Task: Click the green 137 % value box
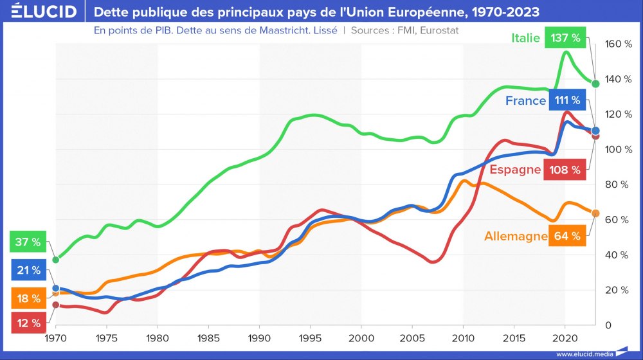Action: coord(565,38)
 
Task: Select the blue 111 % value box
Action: coord(566,100)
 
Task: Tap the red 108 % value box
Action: coord(565,170)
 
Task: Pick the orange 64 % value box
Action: coord(566,236)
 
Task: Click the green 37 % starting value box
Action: coord(28,242)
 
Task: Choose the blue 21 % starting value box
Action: coord(28,270)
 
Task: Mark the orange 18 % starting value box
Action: coord(28,298)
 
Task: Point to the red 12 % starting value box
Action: coord(28,322)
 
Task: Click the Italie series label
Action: coord(525,38)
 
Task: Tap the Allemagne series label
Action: coord(515,237)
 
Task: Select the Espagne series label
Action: coord(515,170)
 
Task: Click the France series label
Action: coord(525,101)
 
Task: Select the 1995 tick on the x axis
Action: coord(311,337)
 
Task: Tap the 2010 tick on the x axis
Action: coord(463,337)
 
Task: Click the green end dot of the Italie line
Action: coord(595,84)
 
